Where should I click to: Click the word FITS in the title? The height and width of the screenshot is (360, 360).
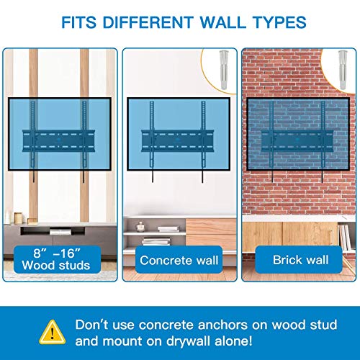coord(79,22)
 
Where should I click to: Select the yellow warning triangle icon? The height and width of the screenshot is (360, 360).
coord(52,332)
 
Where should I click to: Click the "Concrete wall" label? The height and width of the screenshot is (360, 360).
coord(179,261)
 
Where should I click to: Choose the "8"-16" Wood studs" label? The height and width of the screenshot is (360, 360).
coord(56,260)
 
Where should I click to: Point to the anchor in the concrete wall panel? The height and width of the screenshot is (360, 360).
coord(224,70)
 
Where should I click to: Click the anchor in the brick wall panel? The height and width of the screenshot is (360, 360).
coord(343,70)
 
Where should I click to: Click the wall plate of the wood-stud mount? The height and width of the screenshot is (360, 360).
coord(58,140)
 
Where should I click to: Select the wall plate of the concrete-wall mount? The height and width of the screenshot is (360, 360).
coord(177,140)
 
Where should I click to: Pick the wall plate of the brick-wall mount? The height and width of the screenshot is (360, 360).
coord(297,140)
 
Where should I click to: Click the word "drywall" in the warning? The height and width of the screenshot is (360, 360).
coord(188,341)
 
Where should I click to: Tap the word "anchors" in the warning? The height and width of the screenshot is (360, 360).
coord(222,325)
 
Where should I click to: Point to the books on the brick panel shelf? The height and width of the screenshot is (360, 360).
coord(345,237)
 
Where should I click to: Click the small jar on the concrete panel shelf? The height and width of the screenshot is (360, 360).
coord(140,227)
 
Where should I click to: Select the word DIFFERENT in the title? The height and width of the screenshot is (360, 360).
coord(148,22)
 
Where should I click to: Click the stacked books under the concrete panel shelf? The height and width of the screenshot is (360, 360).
coord(156,241)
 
